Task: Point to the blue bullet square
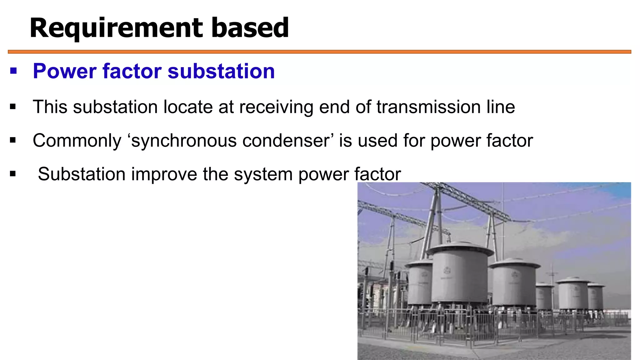click(13, 71)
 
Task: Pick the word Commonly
click(77, 141)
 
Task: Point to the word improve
click(164, 174)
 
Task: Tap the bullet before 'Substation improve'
click(13, 174)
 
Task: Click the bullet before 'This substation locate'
click(13, 107)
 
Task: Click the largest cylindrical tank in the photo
click(459, 275)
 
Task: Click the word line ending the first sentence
click(500, 107)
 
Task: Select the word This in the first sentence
click(50, 107)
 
